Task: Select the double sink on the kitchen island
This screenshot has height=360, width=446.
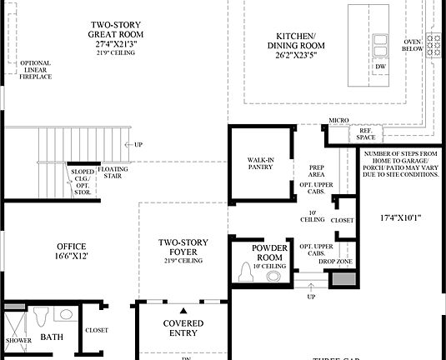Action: click(x=380, y=43)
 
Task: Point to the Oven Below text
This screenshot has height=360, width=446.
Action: click(x=413, y=44)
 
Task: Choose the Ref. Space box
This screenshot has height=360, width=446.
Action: click(x=367, y=133)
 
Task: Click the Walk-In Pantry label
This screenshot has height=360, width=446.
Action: click(x=261, y=162)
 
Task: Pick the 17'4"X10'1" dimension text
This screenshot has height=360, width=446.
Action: click(x=400, y=219)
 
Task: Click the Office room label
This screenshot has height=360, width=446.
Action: click(x=71, y=252)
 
